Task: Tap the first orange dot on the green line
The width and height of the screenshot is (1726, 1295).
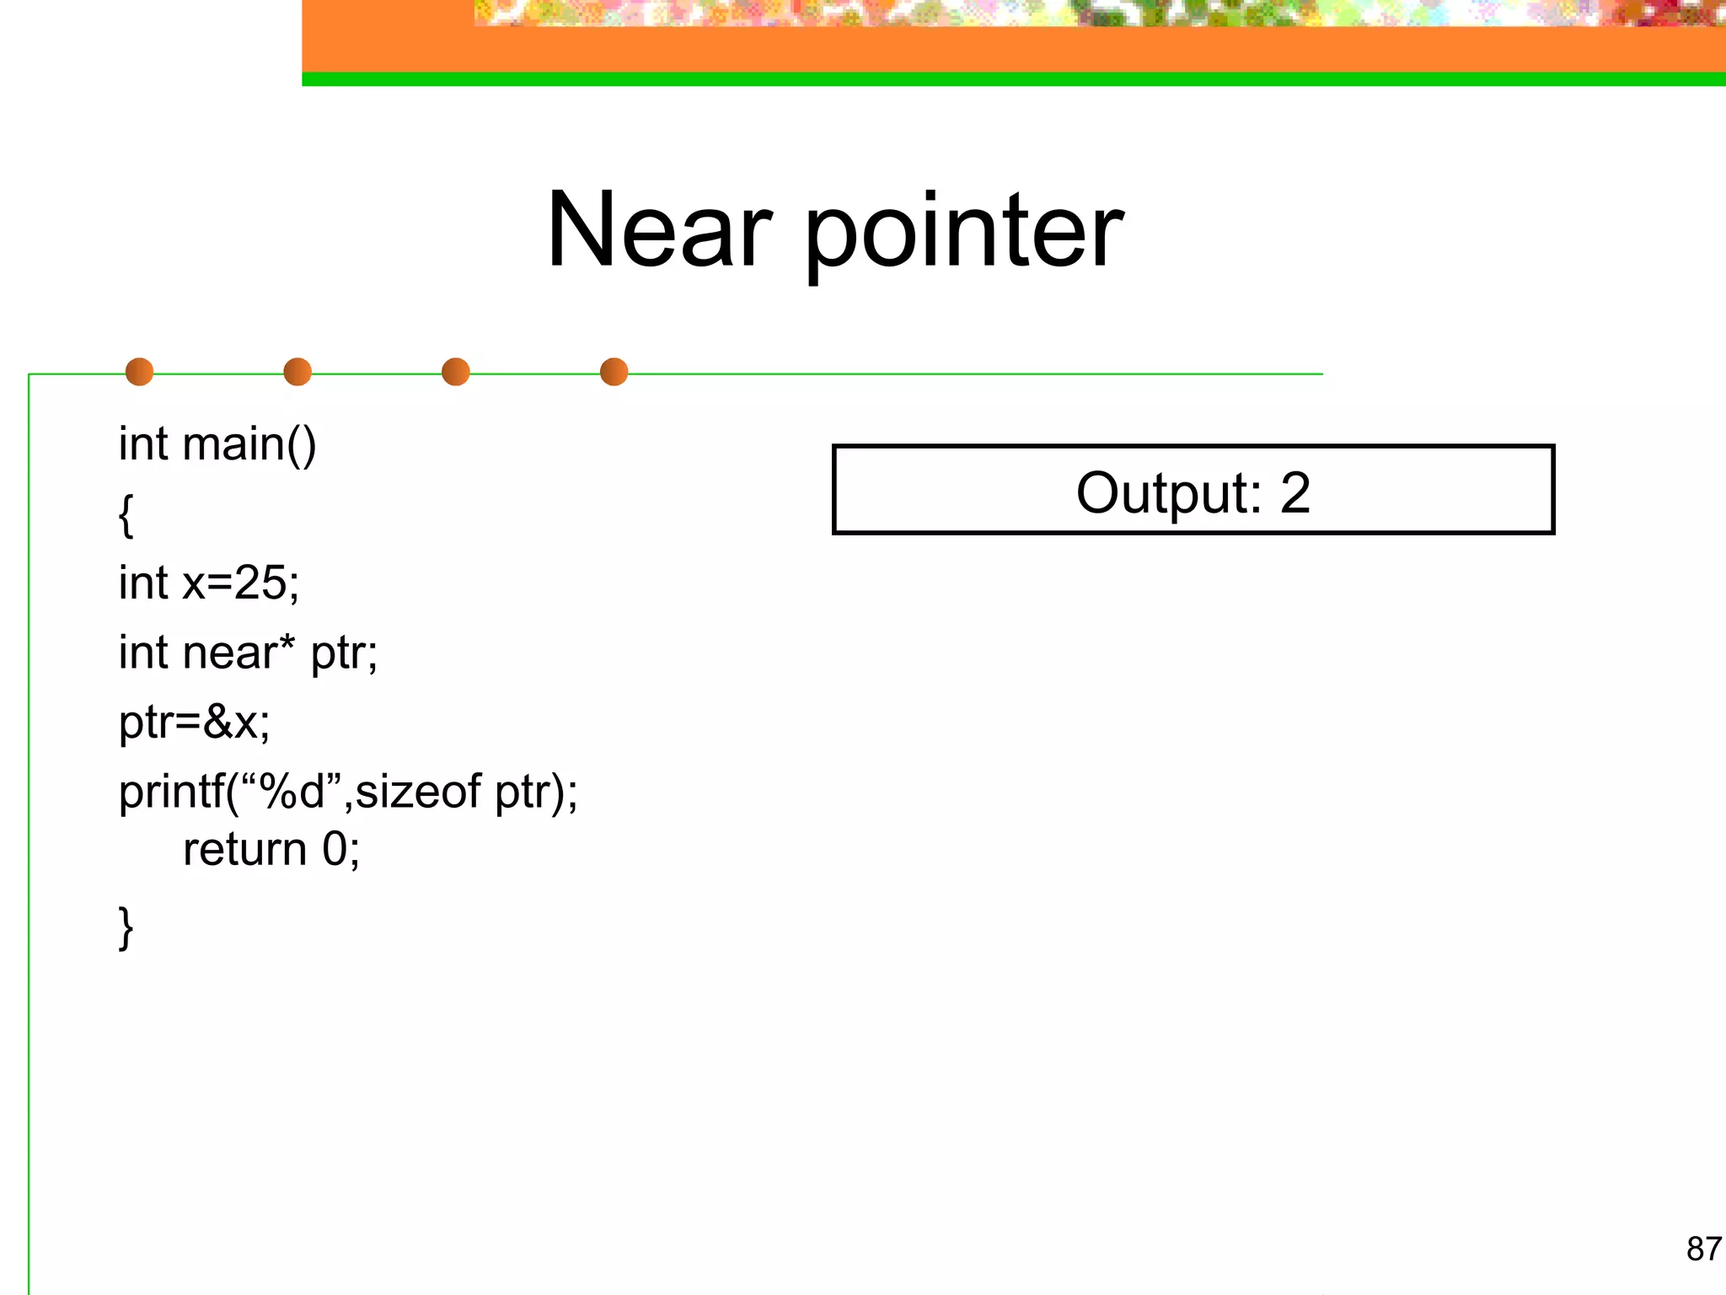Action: (139, 372)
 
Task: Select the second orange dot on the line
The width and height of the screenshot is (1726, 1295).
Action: (297, 372)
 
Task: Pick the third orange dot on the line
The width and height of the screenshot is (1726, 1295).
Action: (456, 372)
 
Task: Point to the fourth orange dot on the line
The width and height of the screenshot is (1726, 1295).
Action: (614, 372)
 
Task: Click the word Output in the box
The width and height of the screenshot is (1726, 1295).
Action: (1168, 493)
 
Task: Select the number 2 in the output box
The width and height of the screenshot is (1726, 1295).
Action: (1295, 493)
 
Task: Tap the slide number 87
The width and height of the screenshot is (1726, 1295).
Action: (1703, 1249)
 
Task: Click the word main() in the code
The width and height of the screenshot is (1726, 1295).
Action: (249, 444)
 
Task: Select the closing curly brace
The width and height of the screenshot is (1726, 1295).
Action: (126, 928)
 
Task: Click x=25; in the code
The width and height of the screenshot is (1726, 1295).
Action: (241, 583)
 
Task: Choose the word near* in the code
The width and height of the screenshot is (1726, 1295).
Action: (239, 653)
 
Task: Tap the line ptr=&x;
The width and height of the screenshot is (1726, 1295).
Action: (195, 723)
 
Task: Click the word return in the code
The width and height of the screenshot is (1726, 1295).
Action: (245, 849)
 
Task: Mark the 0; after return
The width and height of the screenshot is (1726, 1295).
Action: (341, 849)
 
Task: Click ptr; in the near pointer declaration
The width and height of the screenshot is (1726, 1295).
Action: (344, 654)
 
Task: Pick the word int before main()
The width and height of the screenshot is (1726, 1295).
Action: (143, 444)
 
